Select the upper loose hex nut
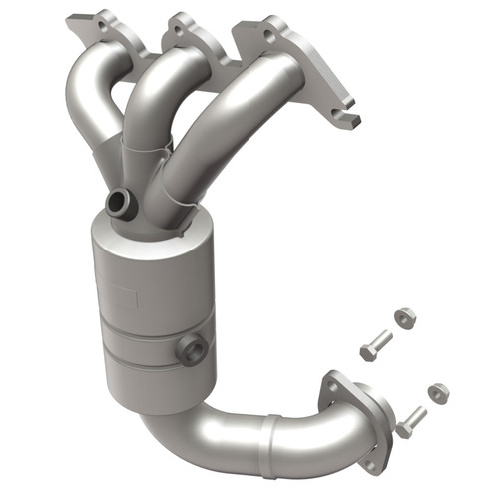pos(404,317)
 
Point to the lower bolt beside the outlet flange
pos(410,420)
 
